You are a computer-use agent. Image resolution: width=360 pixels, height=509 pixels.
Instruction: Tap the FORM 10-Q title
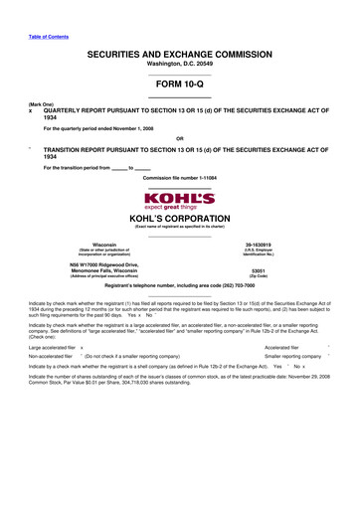tap(179, 85)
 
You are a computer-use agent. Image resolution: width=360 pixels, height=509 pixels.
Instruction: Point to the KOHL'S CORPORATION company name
tap(179, 218)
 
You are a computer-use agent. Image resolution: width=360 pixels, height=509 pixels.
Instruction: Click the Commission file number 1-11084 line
tap(179, 178)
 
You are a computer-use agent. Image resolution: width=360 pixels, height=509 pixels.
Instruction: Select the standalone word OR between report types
tap(179, 138)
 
